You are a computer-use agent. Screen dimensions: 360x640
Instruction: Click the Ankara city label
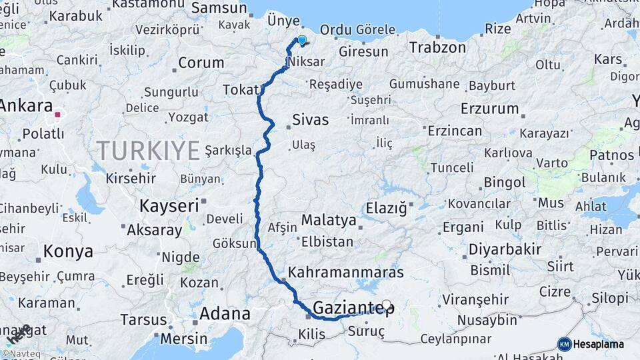coord(27,106)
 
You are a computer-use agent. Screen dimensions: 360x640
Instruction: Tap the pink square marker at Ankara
coord(57,115)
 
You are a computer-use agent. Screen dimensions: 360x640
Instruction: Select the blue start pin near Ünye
coord(302,41)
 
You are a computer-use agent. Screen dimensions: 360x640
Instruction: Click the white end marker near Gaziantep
coord(386,305)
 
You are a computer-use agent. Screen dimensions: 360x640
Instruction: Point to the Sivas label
coord(311,121)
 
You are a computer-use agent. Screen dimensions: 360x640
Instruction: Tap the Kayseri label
coord(169,206)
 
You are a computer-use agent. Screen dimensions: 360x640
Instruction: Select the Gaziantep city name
coord(353,309)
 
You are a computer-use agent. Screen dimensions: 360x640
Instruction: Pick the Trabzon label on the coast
coord(437,48)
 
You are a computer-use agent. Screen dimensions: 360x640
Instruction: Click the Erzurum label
coord(489,109)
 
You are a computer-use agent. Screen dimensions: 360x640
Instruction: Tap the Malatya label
coord(329,220)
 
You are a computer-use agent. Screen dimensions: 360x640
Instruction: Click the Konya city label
coord(69,251)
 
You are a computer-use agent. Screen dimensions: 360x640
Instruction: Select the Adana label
coord(225,313)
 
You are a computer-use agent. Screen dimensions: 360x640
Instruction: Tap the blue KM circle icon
coord(564,344)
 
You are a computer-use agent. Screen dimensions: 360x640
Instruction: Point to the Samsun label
coord(219,8)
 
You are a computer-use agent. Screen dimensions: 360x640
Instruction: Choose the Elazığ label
coord(386,209)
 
